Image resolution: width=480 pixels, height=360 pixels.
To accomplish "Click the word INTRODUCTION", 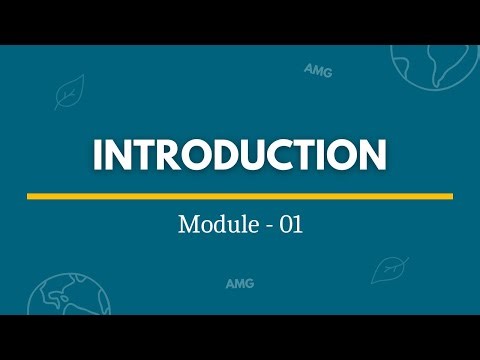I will point(240,156).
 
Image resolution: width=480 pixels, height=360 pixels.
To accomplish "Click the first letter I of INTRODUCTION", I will point(100,156).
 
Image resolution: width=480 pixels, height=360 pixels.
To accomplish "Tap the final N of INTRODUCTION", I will point(371,156).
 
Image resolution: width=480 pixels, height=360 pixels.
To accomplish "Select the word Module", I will point(214,225).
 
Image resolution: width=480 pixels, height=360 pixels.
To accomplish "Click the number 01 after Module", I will point(291,225).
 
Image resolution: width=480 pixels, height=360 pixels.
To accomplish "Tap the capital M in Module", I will point(188,225).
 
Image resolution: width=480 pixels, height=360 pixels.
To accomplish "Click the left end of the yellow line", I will point(29,196).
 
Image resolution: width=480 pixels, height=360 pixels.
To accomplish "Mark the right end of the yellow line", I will point(451,196).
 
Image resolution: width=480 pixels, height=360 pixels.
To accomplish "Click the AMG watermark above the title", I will point(319,70).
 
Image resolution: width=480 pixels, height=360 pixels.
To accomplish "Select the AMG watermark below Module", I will point(239,283).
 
